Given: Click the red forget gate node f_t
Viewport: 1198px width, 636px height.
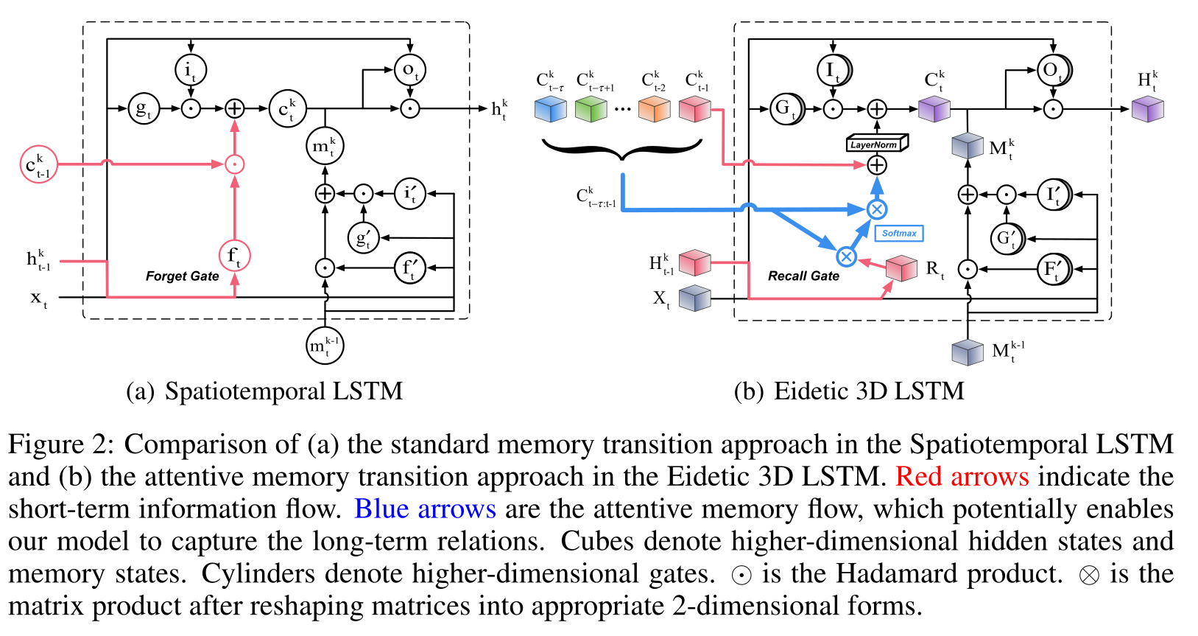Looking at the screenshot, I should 234,256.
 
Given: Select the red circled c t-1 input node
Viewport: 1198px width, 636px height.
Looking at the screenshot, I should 38,164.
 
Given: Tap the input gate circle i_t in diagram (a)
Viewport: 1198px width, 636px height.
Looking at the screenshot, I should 191,70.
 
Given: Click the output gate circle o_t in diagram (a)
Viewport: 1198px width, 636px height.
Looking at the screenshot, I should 410,70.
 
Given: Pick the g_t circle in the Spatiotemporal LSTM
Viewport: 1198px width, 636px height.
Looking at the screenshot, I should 144,108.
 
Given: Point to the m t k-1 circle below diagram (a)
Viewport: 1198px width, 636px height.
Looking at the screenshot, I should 325,345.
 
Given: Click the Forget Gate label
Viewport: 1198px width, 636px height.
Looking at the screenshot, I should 182,276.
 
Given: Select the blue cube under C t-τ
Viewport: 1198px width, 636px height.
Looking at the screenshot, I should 550,110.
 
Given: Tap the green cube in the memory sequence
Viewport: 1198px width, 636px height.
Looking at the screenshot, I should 591,110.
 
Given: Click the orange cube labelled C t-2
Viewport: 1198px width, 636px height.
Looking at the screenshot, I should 654,110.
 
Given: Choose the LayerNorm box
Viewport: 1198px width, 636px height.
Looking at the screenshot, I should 876,143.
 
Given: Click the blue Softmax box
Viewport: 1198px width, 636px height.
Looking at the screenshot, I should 898,233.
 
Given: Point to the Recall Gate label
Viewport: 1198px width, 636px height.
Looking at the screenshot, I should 803,276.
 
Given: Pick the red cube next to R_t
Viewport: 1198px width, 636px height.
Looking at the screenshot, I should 901,268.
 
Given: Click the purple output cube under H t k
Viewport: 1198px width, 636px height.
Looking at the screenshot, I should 1147,110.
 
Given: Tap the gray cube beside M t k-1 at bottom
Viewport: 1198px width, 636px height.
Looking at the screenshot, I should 968,352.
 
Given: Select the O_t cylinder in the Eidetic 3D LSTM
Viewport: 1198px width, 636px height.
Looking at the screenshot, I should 1054,70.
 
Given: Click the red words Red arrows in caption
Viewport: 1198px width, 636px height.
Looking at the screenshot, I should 962,477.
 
